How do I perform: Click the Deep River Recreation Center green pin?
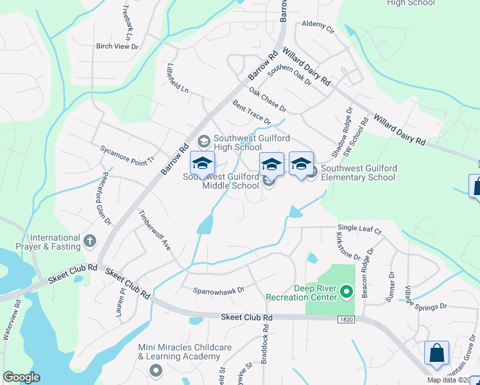pyautogui.click(x=348, y=293)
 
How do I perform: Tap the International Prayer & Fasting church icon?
pyautogui.click(x=90, y=242)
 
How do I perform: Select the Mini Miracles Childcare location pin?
pyautogui.click(x=156, y=370)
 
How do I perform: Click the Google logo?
pyautogui.click(x=21, y=377)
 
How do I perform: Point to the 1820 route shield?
pyautogui.click(x=346, y=320)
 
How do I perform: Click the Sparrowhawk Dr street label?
pyautogui.click(x=219, y=290)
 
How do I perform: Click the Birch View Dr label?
pyautogui.click(x=117, y=46)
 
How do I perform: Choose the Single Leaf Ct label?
pyautogui.click(x=359, y=229)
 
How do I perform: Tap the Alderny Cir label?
pyautogui.click(x=318, y=28)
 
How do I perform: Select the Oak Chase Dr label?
pyautogui.click(x=267, y=99)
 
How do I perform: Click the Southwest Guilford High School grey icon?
pyautogui.click(x=204, y=141)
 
